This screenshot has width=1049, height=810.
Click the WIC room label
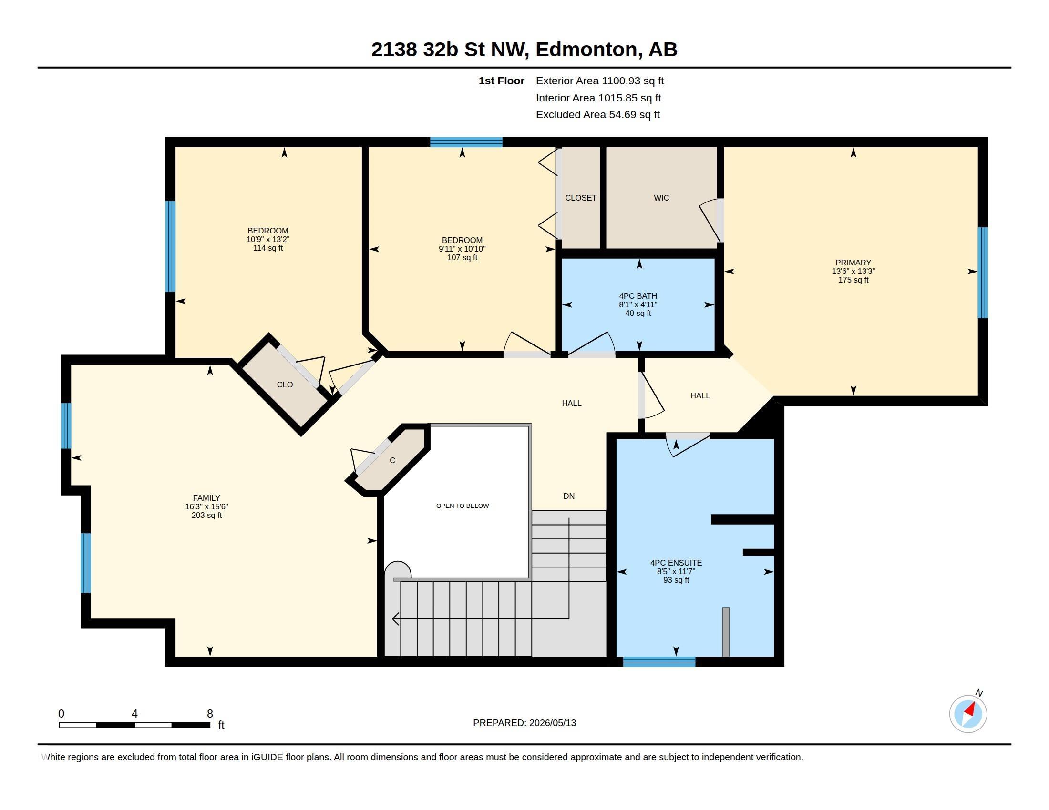(661, 198)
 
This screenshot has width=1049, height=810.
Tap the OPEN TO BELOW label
(462, 506)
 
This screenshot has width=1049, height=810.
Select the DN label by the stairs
(569, 496)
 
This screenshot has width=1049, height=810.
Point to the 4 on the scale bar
(134, 714)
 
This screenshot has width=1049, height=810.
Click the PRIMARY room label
(853, 263)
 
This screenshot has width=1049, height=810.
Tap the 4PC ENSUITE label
(676, 563)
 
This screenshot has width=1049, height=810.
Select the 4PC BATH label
(638, 296)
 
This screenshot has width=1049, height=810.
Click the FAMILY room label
(206, 498)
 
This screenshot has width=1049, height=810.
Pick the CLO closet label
(285, 385)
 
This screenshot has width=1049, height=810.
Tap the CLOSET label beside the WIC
(581, 198)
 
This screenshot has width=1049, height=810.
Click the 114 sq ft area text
(268, 248)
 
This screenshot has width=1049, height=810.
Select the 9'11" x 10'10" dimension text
(462, 249)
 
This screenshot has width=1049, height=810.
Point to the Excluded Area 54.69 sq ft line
(597, 115)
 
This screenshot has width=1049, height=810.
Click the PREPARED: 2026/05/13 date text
(524, 723)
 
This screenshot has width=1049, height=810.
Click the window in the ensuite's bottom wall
(659, 662)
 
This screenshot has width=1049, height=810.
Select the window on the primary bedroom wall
(983, 273)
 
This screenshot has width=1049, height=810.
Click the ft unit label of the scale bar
(221, 725)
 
